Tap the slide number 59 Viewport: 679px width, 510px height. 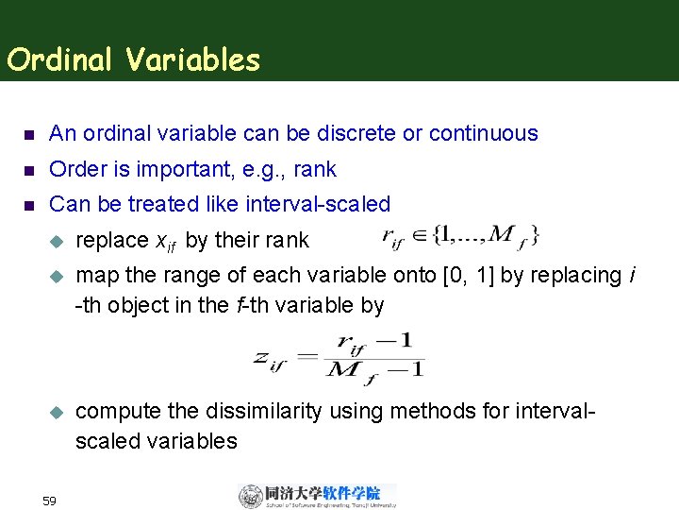[x=51, y=499]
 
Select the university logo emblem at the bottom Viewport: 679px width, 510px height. [x=251, y=496]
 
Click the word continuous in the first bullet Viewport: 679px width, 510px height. [x=481, y=133]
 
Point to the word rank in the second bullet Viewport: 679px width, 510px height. [x=315, y=169]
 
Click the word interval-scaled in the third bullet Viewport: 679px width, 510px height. [x=318, y=203]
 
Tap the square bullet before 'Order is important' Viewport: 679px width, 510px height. [x=27, y=170]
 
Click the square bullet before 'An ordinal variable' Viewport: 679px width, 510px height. [x=27, y=134]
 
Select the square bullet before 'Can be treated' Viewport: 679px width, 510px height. [x=27, y=204]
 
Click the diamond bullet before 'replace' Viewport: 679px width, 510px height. [x=55, y=241]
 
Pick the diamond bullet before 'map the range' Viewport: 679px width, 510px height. [x=55, y=276]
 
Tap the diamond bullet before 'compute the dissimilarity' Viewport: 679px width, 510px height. [x=55, y=412]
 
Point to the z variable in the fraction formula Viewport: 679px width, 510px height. [x=264, y=356]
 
